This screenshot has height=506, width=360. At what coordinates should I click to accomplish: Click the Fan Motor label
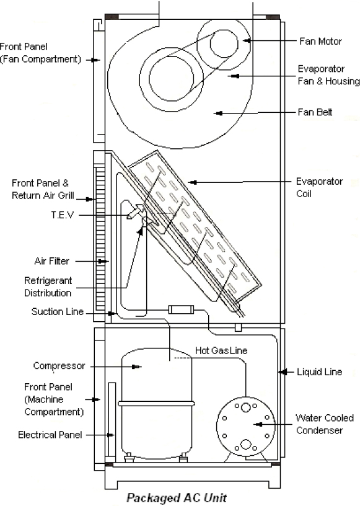click(x=320, y=42)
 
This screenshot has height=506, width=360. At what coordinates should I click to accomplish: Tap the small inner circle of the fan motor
click(x=224, y=43)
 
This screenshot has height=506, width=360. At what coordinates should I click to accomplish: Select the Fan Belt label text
click(x=315, y=112)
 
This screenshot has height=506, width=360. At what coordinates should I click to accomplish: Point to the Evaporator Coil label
click(x=319, y=187)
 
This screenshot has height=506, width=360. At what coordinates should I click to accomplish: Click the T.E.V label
click(x=63, y=215)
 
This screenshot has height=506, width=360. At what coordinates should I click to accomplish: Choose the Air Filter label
click(x=51, y=261)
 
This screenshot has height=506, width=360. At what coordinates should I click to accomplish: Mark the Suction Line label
click(x=58, y=312)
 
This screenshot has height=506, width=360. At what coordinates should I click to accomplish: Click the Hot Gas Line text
click(x=221, y=351)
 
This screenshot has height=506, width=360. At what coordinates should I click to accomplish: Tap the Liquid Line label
click(x=319, y=372)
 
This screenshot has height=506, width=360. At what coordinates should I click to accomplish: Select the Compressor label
click(x=59, y=366)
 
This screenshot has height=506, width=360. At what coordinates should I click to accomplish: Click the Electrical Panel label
click(x=50, y=435)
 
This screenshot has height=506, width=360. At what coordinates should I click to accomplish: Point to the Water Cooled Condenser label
click(x=325, y=424)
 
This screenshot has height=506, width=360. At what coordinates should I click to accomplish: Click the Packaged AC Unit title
click(x=177, y=497)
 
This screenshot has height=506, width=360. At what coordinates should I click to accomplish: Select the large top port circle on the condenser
click(x=245, y=407)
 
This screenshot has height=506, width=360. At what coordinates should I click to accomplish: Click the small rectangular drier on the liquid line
click(x=182, y=310)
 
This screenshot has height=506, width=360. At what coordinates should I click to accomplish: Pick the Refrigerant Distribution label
click(x=48, y=287)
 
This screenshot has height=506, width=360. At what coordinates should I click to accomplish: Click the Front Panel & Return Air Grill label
click(x=43, y=189)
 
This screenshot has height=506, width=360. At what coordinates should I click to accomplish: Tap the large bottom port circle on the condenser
click(x=245, y=445)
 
